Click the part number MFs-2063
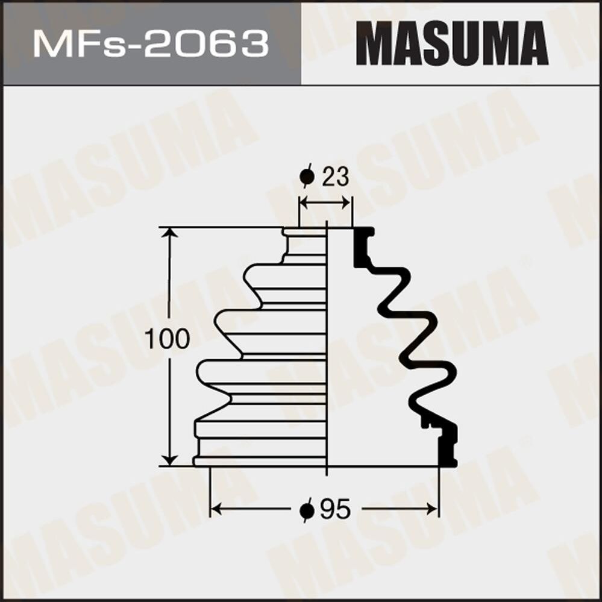[x=151, y=43]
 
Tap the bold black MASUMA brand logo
[x=452, y=43]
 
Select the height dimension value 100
[x=167, y=340]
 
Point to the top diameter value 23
[x=335, y=177]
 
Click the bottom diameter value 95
[x=335, y=510]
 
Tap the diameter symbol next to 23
[x=307, y=177]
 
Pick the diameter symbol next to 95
[x=307, y=510]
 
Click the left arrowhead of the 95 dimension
[x=215, y=510]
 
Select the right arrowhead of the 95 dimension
[x=433, y=510]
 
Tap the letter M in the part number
[x=49, y=43]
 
